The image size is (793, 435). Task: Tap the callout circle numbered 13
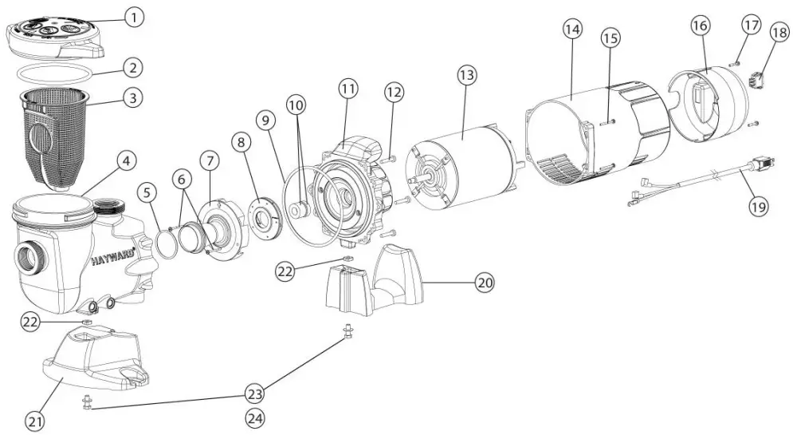(466, 75)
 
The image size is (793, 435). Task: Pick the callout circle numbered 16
(699, 26)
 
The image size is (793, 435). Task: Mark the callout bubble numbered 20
(484, 283)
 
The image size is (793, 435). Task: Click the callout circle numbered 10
(296, 105)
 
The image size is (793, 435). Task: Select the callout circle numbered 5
(147, 192)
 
